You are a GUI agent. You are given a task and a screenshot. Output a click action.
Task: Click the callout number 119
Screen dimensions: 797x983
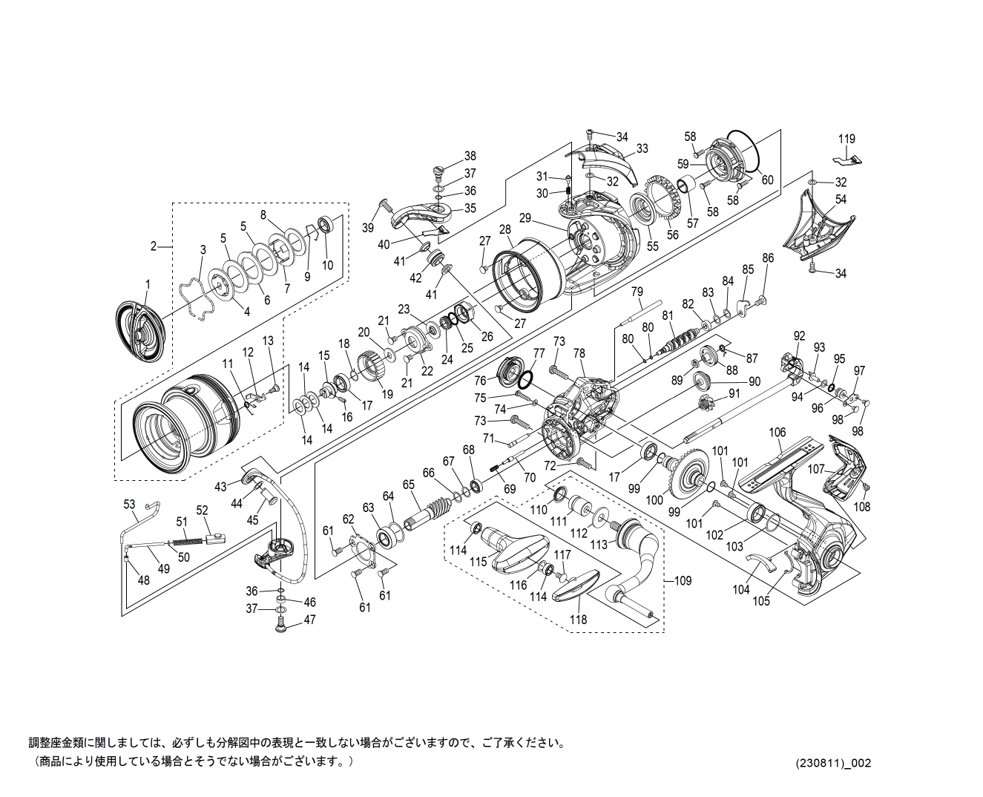pos(846,139)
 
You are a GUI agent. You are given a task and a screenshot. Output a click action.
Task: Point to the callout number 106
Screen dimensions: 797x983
pos(777,433)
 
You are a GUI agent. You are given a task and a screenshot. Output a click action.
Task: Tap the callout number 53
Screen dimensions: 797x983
pos(130,505)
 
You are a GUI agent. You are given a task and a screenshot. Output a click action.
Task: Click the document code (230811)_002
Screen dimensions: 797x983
pos(833,763)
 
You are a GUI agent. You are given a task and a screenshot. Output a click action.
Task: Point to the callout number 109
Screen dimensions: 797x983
pos(683,580)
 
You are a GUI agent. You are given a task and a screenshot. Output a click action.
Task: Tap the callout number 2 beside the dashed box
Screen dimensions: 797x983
pos(154,246)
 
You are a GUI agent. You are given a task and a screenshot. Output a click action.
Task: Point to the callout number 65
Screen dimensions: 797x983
pos(408,485)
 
